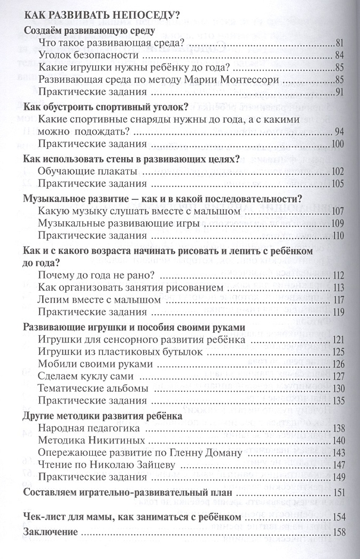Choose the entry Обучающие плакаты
click(88, 172)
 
